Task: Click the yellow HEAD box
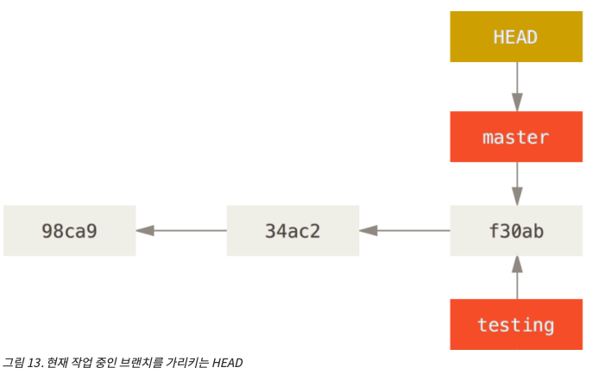click(516, 37)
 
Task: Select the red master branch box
click(516, 137)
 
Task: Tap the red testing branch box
click(516, 324)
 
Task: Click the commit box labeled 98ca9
click(69, 231)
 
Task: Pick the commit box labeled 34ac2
click(293, 231)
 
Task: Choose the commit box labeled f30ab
click(516, 231)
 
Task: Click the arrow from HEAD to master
click(516, 86)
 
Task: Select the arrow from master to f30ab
click(516, 183)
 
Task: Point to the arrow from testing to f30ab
click(516, 277)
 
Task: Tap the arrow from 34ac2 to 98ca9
click(181, 231)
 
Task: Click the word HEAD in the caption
click(227, 363)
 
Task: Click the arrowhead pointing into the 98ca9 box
click(144, 231)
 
